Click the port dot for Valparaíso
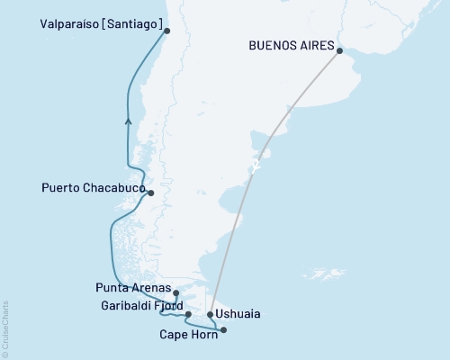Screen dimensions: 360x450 (166, 30)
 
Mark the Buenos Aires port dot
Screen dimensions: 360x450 (340, 51)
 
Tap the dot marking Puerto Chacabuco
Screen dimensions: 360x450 (151, 193)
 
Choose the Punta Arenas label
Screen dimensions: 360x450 (136, 288)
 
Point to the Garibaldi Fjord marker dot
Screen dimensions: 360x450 (188, 315)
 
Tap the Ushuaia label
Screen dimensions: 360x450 (240, 314)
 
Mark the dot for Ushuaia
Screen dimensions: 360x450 (211, 315)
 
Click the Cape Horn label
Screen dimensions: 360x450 (186, 336)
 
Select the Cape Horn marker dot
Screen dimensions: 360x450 (223, 330)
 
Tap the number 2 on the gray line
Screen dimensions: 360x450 (256, 166)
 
